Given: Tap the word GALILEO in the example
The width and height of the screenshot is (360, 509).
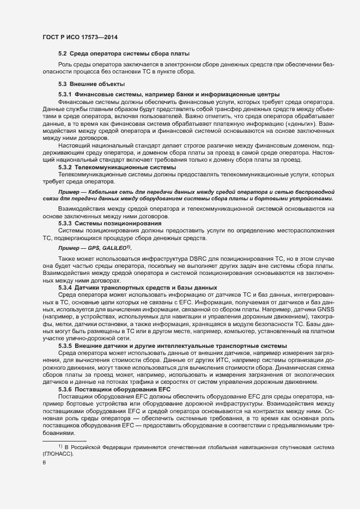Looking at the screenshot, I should click(114, 247).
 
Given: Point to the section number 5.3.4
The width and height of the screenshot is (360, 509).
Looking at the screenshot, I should click(65, 287).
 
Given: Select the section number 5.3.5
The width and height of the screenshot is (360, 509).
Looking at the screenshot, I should click(65, 345).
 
